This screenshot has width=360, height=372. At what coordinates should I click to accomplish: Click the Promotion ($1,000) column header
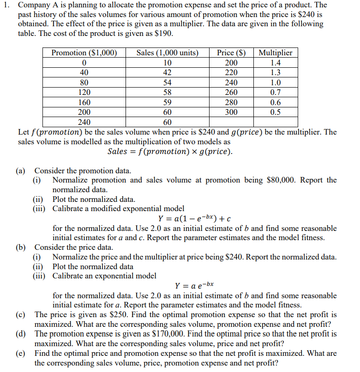pyautogui.click(x=84, y=53)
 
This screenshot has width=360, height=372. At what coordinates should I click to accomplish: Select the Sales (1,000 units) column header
pyautogui.click(x=168, y=53)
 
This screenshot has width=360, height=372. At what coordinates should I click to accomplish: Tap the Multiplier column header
pyautogui.click(x=276, y=53)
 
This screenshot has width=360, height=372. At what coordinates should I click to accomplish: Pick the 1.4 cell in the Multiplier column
pyautogui.click(x=276, y=63)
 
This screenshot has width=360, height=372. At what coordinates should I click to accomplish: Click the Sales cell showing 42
pyautogui.click(x=168, y=72)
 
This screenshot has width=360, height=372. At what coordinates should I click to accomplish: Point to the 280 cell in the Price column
pyautogui.click(x=231, y=102)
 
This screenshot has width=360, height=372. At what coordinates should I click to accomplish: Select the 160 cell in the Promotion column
pyautogui.click(x=84, y=102)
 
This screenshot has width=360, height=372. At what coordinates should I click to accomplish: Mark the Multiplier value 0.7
pyautogui.click(x=276, y=92)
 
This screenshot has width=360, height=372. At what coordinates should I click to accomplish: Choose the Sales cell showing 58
pyautogui.click(x=168, y=92)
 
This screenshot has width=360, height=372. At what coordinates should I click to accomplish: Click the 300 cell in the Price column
pyautogui.click(x=231, y=112)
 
